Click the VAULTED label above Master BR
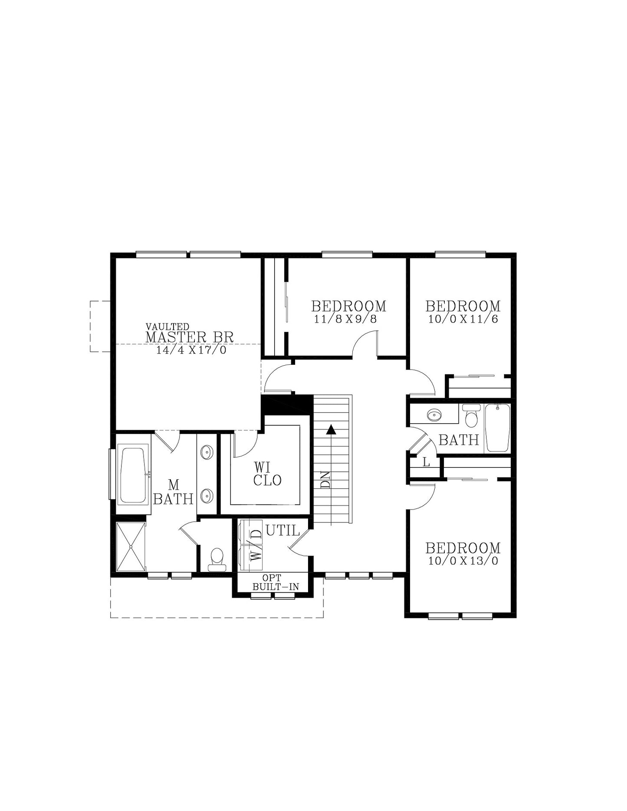(x=167, y=326)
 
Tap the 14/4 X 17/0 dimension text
(x=191, y=350)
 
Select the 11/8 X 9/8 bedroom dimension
(x=346, y=320)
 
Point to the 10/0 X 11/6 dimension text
(x=463, y=320)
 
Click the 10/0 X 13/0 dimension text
(x=463, y=561)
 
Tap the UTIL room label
(x=282, y=530)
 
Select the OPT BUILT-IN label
(x=276, y=582)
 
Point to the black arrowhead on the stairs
(x=331, y=429)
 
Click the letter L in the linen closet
(x=426, y=463)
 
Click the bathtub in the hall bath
(x=498, y=428)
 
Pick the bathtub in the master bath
(x=132, y=475)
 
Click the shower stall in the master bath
(x=131, y=547)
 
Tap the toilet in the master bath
(x=217, y=559)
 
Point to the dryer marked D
(x=250, y=532)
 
